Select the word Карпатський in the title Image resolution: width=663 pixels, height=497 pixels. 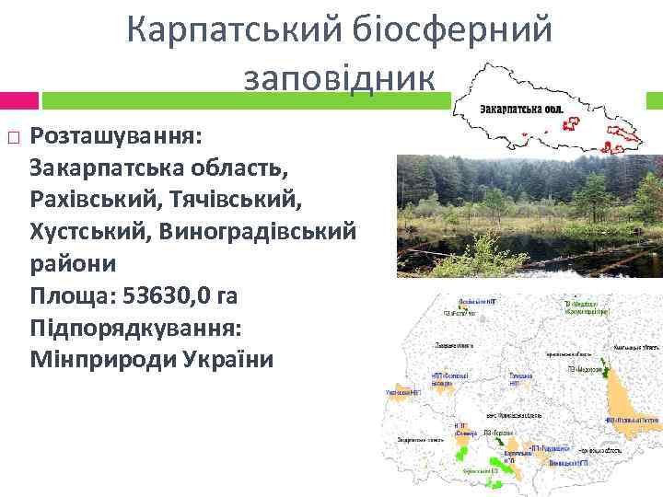(234, 30)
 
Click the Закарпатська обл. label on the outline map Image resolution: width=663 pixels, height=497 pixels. (520, 109)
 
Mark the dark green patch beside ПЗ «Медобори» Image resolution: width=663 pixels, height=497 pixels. (605, 371)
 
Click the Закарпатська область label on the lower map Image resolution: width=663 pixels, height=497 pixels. (423, 442)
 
